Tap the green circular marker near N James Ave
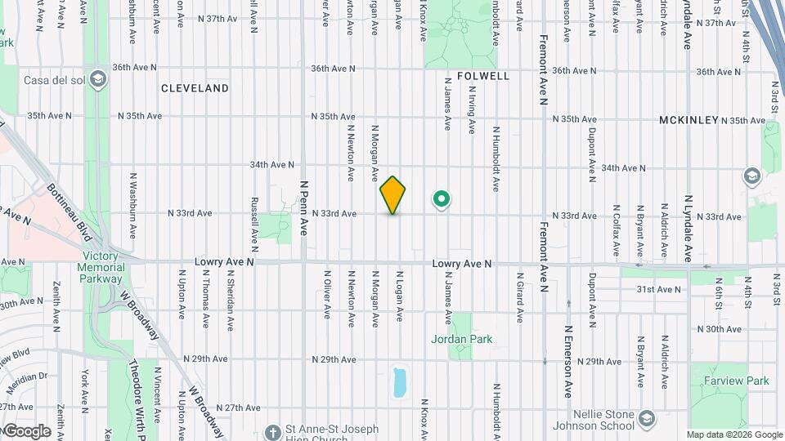coord(442,198)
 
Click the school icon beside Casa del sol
coord(98,79)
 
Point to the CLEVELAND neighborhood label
coord(195,88)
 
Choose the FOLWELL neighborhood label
coord(483,76)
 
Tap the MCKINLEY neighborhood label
coord(689,120)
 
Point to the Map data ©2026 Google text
coord(733,434)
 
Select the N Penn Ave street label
coord(303,208)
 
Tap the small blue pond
coord(399,381)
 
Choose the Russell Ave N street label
coord(255,222)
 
